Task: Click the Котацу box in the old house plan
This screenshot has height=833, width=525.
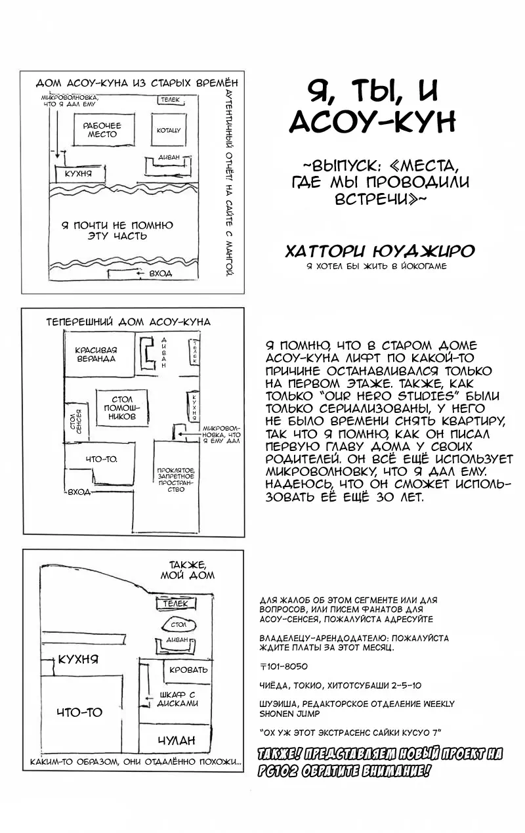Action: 168,130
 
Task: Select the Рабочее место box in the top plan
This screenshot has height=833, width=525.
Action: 102,130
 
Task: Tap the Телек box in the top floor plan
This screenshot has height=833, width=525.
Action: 168,99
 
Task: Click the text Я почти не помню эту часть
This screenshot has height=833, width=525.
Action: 117,230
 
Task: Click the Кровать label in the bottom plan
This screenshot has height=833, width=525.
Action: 188,670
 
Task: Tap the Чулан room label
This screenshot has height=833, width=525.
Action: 177,740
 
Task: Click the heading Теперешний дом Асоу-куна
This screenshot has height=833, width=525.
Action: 129,322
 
